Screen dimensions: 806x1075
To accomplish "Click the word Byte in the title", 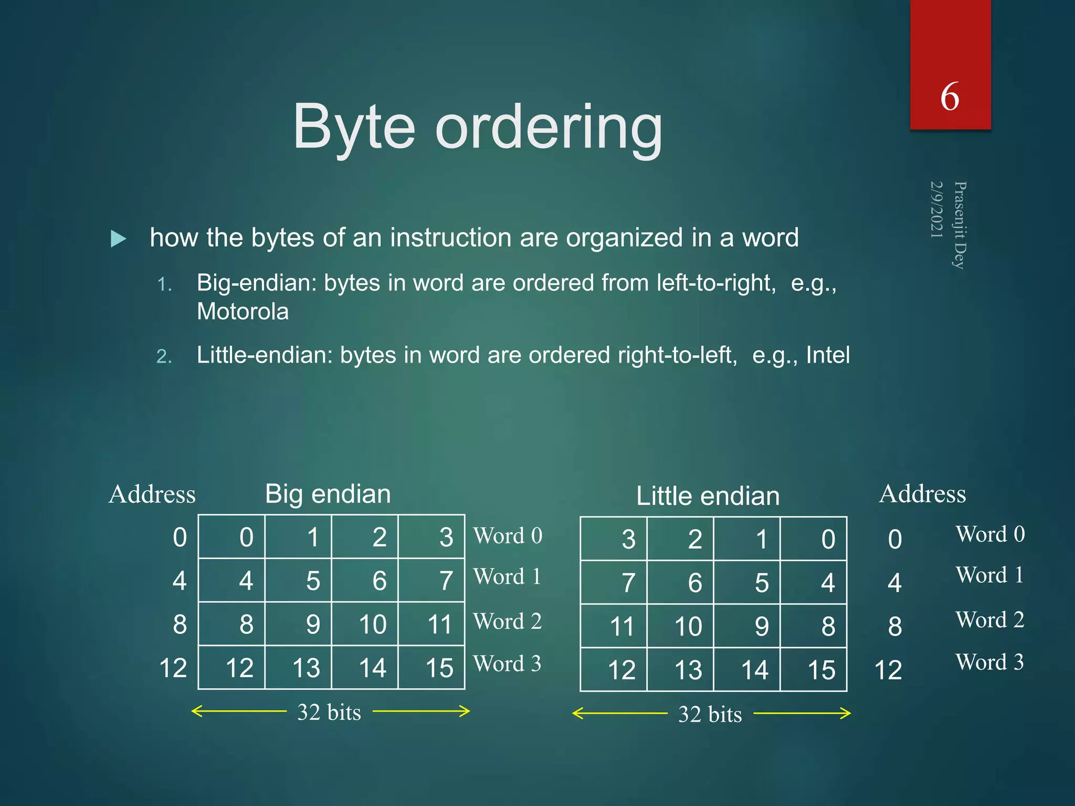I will [x=354, y=128].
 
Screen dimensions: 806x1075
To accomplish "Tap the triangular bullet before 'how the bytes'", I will [x=119, y=239].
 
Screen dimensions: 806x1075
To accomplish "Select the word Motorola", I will [x=243, y=312].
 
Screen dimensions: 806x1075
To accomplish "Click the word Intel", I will [x=828, y=355].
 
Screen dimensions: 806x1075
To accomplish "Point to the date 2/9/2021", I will [x=936, y=209].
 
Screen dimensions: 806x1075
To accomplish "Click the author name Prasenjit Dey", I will [x=960, y=225].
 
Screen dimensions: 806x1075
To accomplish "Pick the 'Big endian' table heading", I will [x=328, y=494].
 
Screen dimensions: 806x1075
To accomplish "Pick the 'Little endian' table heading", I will [x=708, y=496].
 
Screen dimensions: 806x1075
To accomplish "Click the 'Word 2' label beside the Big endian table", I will [x=507, y=622].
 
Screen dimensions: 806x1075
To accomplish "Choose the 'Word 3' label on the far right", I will [x=989, y=662].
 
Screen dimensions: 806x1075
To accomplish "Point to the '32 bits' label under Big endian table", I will [x=329, y=713].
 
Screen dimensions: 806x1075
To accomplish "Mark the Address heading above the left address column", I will [x=152, y=494].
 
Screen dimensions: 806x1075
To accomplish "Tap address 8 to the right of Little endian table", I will [x=894, y=627].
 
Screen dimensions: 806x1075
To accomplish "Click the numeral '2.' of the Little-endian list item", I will [x=164, y=357].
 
